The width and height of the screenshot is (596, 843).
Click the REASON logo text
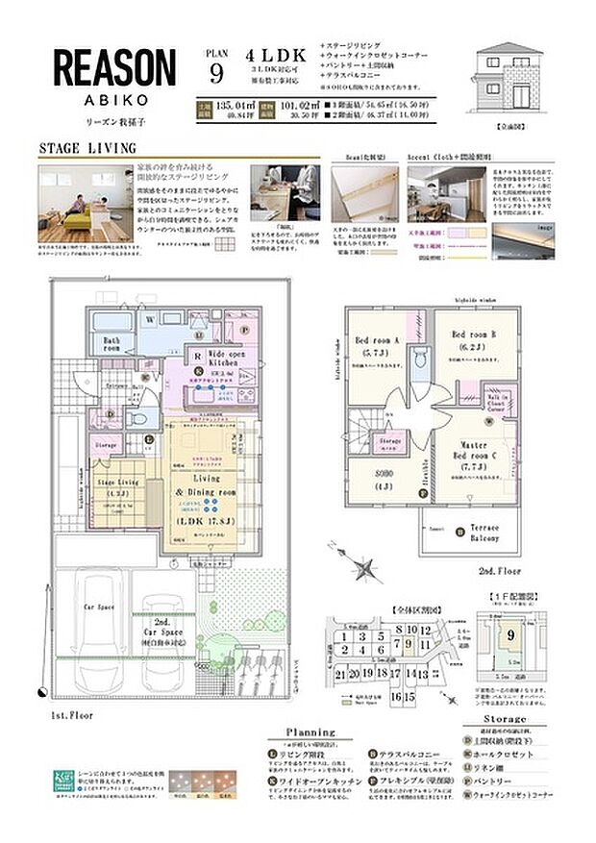point(114,70)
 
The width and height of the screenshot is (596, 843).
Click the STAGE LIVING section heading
point(87,149)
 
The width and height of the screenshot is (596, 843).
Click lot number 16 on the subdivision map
point(396,695)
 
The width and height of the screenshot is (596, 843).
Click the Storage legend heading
point(505,718)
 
